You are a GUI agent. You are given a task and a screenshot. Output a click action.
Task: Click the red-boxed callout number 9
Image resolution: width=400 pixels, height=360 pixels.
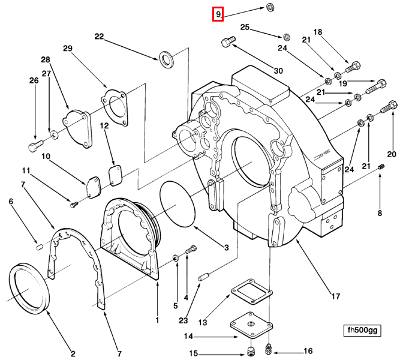coord(218,14)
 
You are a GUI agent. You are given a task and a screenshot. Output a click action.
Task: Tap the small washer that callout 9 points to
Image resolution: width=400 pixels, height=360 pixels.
coord(270,7)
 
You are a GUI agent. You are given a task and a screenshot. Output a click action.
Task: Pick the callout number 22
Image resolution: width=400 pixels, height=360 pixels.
coord(100,37)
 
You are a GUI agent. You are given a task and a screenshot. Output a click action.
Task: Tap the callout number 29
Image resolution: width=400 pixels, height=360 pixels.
coord(68,48)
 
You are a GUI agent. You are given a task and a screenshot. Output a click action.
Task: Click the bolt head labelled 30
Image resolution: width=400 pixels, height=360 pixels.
coord(226,43)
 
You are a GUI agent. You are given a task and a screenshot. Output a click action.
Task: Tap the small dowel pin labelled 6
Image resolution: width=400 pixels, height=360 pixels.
coord(38,245)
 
